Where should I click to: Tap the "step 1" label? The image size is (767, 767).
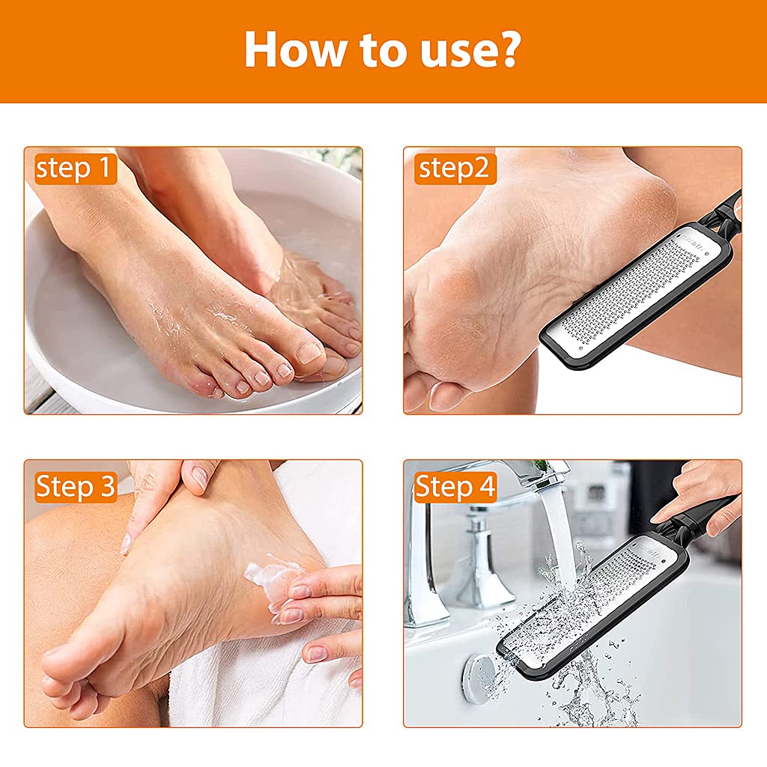[x=74, y=169]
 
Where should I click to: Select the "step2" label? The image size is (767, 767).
[x=456, y=169]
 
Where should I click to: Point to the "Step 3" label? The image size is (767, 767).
[x=76, y=487]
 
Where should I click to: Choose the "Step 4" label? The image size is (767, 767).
[x=455, y=487]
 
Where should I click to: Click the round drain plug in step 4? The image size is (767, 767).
[x=479, y=678]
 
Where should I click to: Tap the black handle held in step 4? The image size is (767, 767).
[x=700, y=517]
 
